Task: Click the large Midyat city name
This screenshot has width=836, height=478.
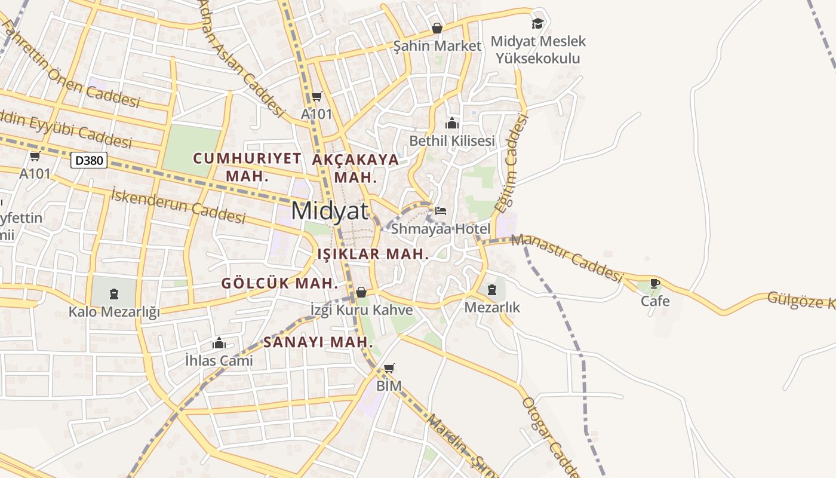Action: [x=330, y=211]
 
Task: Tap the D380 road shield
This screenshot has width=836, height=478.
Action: [x=89, y=160]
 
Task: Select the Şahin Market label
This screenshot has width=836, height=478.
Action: [x=437, y=46]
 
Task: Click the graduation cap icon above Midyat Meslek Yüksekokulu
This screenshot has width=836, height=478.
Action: [x=537, y=23]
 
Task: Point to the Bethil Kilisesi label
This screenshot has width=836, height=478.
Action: [x=452, y=141]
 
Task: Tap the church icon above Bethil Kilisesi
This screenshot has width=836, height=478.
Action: [x=452, y=124]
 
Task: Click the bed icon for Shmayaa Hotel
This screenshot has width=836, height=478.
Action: [x=441, y=211]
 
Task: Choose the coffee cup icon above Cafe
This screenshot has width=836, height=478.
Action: [x=655, y=283]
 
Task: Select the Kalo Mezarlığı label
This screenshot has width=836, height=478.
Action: [x=114, y=312]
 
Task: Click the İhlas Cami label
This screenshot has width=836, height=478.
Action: [x=219, y=361]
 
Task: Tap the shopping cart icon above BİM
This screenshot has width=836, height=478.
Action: [x=389, y=368]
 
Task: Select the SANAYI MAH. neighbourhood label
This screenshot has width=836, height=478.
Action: [x=318, y=343]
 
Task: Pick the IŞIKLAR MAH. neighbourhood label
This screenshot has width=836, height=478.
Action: [x=373, y=254]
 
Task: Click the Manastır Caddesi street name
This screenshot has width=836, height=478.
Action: [x=567, y=258]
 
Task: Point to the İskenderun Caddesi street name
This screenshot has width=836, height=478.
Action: [x=178, y=205]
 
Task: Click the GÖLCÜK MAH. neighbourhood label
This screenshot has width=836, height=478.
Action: [x=280, y=283]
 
